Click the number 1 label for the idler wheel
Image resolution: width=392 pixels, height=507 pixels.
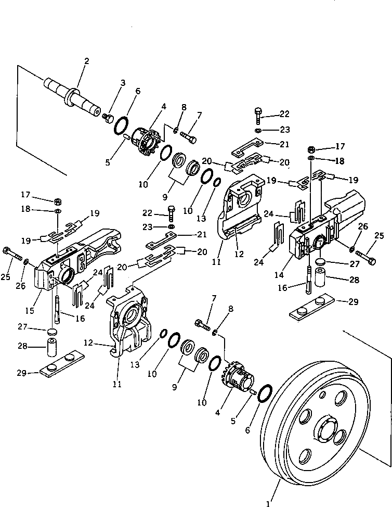pyautogui.click(x=268, y=503)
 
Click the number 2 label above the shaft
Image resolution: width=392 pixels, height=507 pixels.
pyautogui.click(x=86, y=61)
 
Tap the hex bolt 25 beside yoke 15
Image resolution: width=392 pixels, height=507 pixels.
pyautogui.click(x=14, y=257)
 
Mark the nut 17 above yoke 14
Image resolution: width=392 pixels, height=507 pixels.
pyautogui.click(x=311, y=148)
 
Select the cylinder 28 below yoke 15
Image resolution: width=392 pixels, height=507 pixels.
pyautogui.click(x=53, y=347)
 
